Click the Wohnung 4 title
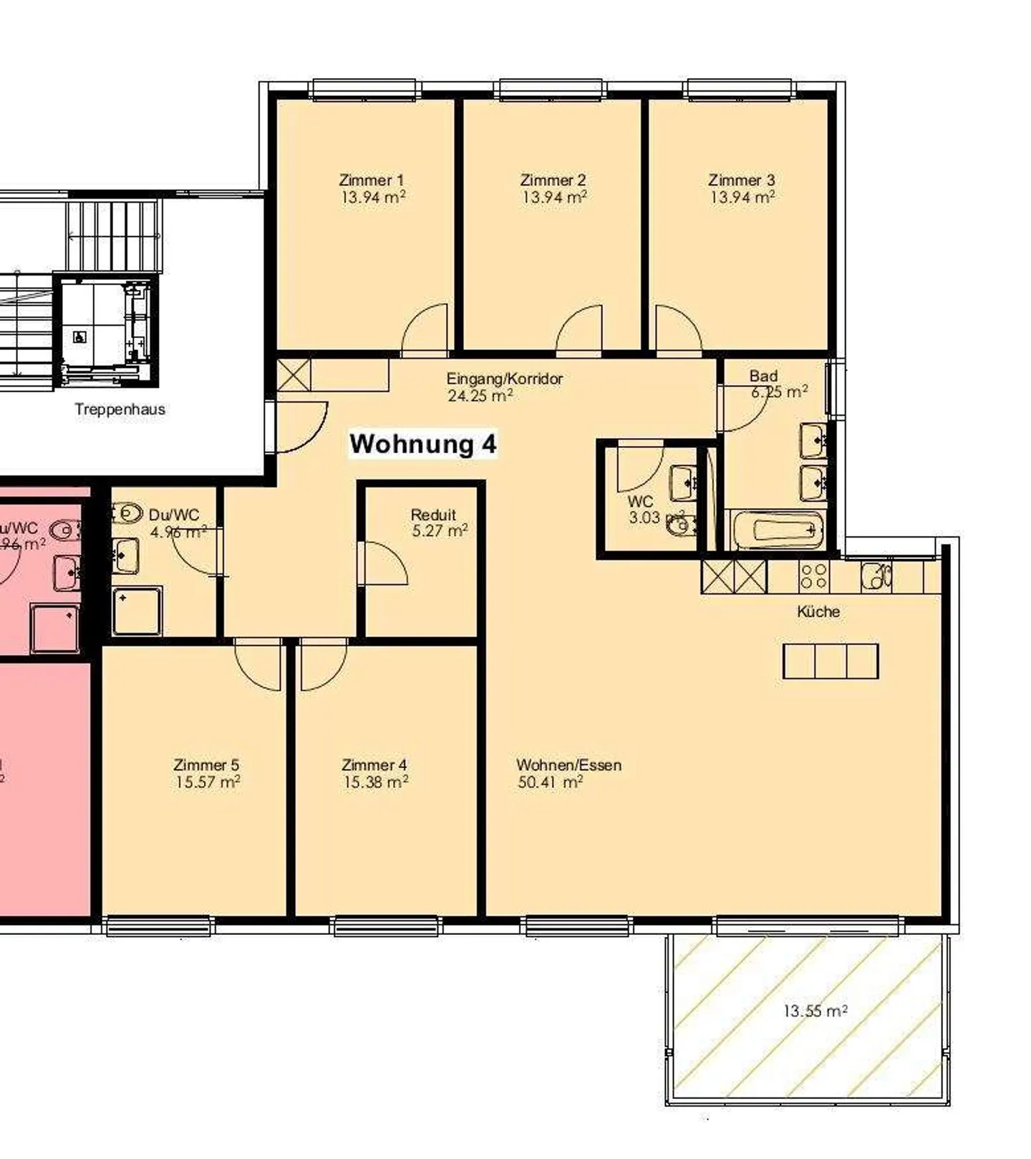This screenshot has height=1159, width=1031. point(422,444)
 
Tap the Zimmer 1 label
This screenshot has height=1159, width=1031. point(371,180)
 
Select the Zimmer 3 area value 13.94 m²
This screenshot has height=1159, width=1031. point(742,197)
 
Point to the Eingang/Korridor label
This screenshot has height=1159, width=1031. point(504,378)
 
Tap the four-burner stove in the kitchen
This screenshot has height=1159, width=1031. point(814,576)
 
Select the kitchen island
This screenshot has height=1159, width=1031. point(831,661)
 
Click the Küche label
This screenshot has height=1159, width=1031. point(818,611)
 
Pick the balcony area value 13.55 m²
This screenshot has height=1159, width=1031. point(815,1012)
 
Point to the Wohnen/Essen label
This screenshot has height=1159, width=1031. point(568,765)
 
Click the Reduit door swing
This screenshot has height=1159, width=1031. point(383,563)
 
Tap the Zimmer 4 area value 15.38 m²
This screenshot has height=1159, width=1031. point(375,782)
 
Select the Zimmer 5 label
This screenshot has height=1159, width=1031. point(206,765)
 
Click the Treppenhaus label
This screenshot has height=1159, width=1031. point(120,409)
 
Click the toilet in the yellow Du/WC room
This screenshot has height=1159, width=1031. point(127,513)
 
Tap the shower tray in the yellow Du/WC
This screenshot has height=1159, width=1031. point(137,611)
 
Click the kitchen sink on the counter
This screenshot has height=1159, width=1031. point(876,576)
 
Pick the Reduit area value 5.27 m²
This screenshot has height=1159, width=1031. point(440,531)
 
